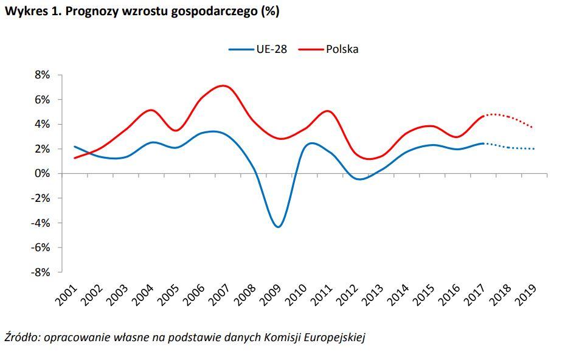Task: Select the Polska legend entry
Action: click(328, 49)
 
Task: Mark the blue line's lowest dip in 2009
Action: click(278, 227)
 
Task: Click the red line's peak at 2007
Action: click(224, 86)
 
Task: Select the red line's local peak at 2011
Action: click(328, 111)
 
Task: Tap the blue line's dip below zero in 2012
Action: click(359, 179)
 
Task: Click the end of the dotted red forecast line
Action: click(533, 128)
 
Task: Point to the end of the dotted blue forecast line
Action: click(533, 149)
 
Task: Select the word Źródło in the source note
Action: click(20, 337)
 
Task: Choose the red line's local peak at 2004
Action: click(150, 110)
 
